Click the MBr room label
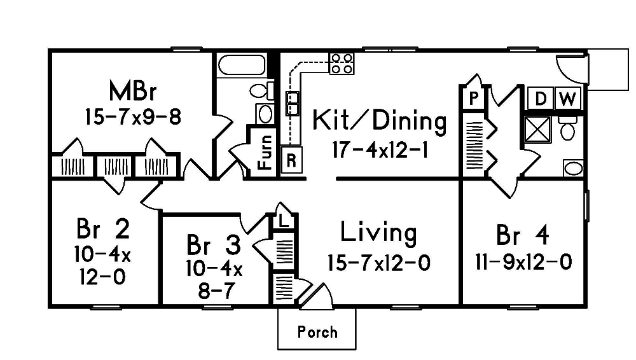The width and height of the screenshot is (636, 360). [x=132, y=91]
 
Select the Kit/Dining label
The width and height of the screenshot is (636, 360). [x=380, y=120]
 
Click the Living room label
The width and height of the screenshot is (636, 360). [x=379, y=233]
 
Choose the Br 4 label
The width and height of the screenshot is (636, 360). [x=522, y=235]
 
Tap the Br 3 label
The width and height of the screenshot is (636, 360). [x=214, y=244]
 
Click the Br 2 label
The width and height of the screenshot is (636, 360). [x=103, y=227]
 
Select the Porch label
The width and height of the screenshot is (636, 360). [x=317, y=332]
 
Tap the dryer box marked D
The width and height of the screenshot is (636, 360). [x=541, y=99]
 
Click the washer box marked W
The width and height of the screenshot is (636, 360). [x=569, y=99]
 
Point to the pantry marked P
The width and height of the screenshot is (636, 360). [x=473, y=99]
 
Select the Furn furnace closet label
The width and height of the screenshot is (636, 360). [x=265, y=152]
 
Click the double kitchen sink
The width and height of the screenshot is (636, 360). [x=293, y=104]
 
